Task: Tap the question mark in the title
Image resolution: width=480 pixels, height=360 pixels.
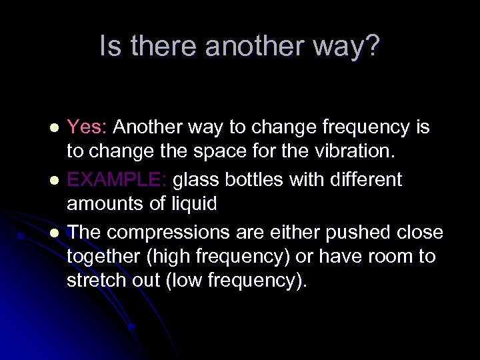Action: [x=373, y=46]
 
